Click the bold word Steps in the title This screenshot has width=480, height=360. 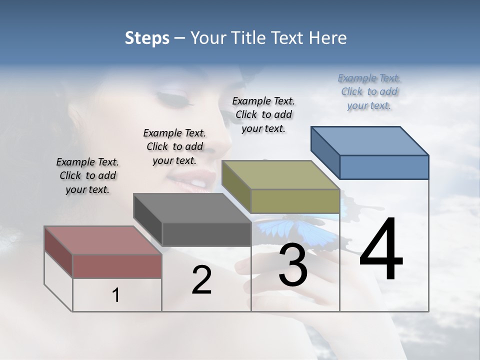[147, 38]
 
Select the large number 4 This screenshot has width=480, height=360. [381, 250]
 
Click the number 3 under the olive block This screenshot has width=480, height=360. [293, 265]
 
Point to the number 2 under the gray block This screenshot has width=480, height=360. [201, 280]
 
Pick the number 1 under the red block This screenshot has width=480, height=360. [115, 295]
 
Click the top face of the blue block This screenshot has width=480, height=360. [369, 140]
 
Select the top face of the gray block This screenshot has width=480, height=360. [192, 207]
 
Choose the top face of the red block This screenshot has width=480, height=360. [103, 240]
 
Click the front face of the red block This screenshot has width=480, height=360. [117, 266]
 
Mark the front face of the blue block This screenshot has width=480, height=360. [384, 167]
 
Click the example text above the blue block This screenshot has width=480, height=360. [369, 92]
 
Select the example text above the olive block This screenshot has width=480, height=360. [263, 114]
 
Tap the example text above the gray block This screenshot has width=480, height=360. [174, 146]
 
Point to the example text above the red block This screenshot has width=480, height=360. [87, 175]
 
